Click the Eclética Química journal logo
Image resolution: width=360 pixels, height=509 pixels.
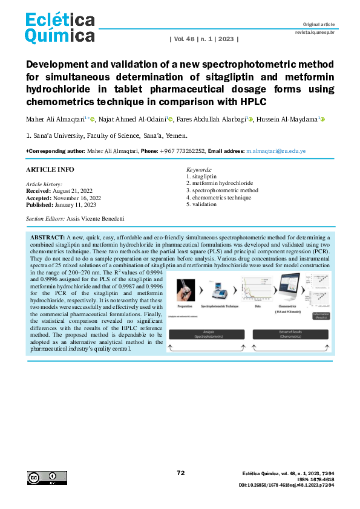60,28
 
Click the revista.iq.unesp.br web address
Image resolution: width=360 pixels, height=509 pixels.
315,31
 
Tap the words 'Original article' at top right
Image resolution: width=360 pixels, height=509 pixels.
318,24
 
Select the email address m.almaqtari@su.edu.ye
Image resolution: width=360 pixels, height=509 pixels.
275,150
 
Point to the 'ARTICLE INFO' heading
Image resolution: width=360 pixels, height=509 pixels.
50,170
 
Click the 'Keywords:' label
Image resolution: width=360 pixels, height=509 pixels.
199,170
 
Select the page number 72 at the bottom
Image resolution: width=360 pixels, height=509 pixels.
180,473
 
